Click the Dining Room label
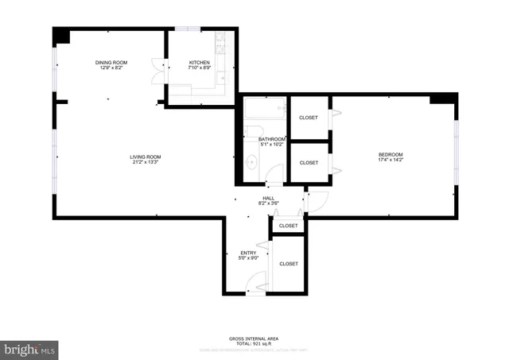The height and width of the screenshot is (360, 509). [x=111, y=63]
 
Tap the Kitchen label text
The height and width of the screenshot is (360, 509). [x=199, y=63]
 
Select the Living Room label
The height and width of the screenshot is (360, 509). [x=146, y=157]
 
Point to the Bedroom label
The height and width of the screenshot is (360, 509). [x=390, y=154]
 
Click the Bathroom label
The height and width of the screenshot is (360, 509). [x=272, y=139]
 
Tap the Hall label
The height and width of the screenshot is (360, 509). [x=268, y=198]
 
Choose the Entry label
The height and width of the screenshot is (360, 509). [x=248, y=253]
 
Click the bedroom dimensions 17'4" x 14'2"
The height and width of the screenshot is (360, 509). [x=390, y=161]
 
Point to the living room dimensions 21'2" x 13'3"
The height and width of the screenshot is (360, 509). [x=146, y=163]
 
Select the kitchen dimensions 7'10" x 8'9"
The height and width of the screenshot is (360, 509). [x=199, y=69]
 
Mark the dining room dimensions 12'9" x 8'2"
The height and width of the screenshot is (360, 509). [x=111, y=69]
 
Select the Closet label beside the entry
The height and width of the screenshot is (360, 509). [x=288, y=264]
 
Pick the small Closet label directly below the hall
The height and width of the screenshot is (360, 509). [x=288, y=226]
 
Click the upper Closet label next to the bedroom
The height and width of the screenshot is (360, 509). [x=308, y=118]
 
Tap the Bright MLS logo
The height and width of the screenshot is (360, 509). [x=30, y=348]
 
